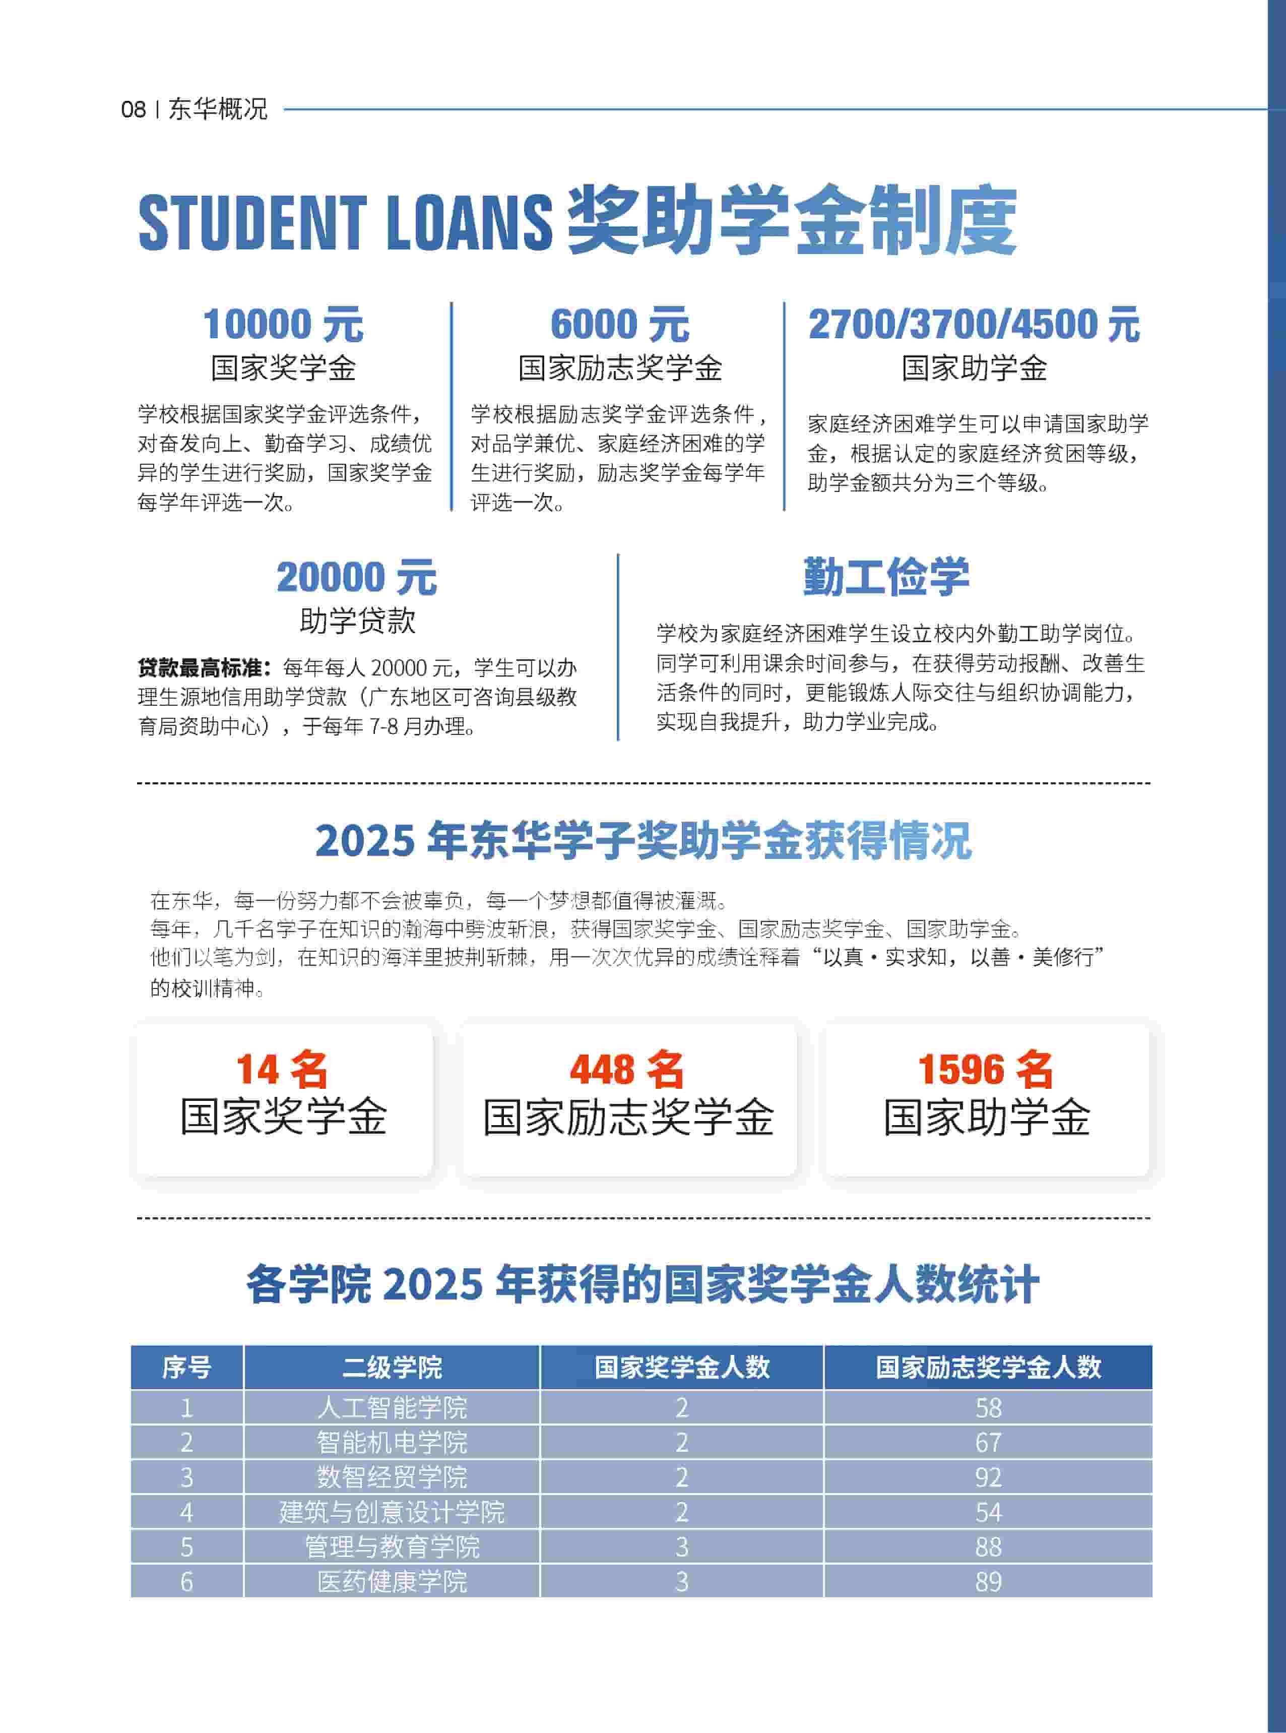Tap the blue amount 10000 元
click(x=283, y=324)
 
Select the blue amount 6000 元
click(x=620, y=324)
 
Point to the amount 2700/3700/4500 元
click(x=974, y=324)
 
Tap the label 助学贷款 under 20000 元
click(x=357, y=621)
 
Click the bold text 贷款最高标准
click(x=204, y=667)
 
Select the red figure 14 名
click(x=282, y=1069)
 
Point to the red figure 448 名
click(x=627, y=1069)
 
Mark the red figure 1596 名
click(x=986, y=1069)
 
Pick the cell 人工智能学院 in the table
click(x=392, y=1407)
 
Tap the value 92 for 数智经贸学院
click(x=988, y=1477)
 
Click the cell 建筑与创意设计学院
click(x=392, y=1512)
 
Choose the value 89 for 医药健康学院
click(x=988, y=1581)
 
